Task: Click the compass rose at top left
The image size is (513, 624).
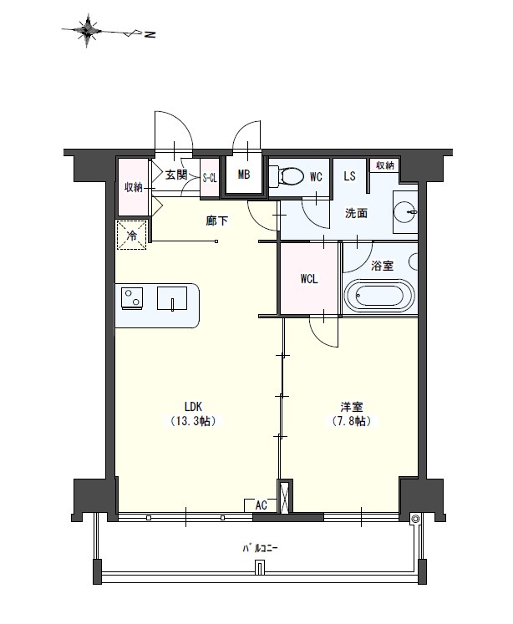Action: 87,31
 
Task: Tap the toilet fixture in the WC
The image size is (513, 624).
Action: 286,175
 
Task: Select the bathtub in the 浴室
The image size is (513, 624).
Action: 379,296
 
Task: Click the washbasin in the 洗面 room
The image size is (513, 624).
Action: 405,211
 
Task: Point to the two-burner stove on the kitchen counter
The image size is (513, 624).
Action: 132,298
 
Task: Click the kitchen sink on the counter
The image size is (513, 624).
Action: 172,298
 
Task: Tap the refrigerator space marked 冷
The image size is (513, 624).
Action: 131,235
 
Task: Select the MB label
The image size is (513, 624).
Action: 244,175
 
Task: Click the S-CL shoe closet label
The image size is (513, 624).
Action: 210,178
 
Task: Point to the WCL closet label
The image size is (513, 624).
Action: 309,279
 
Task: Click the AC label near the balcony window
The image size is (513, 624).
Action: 261,505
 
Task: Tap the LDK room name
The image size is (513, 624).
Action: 194,406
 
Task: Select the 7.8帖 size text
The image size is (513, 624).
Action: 352,421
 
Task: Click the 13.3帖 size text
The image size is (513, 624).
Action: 194,421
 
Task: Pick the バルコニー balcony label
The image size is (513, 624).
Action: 260,548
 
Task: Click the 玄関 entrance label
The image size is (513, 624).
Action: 176,175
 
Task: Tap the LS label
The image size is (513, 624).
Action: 349,175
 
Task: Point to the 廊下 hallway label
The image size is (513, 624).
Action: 217,221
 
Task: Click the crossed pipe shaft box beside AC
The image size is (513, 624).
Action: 284,498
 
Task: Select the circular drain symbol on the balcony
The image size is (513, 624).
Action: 415,519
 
